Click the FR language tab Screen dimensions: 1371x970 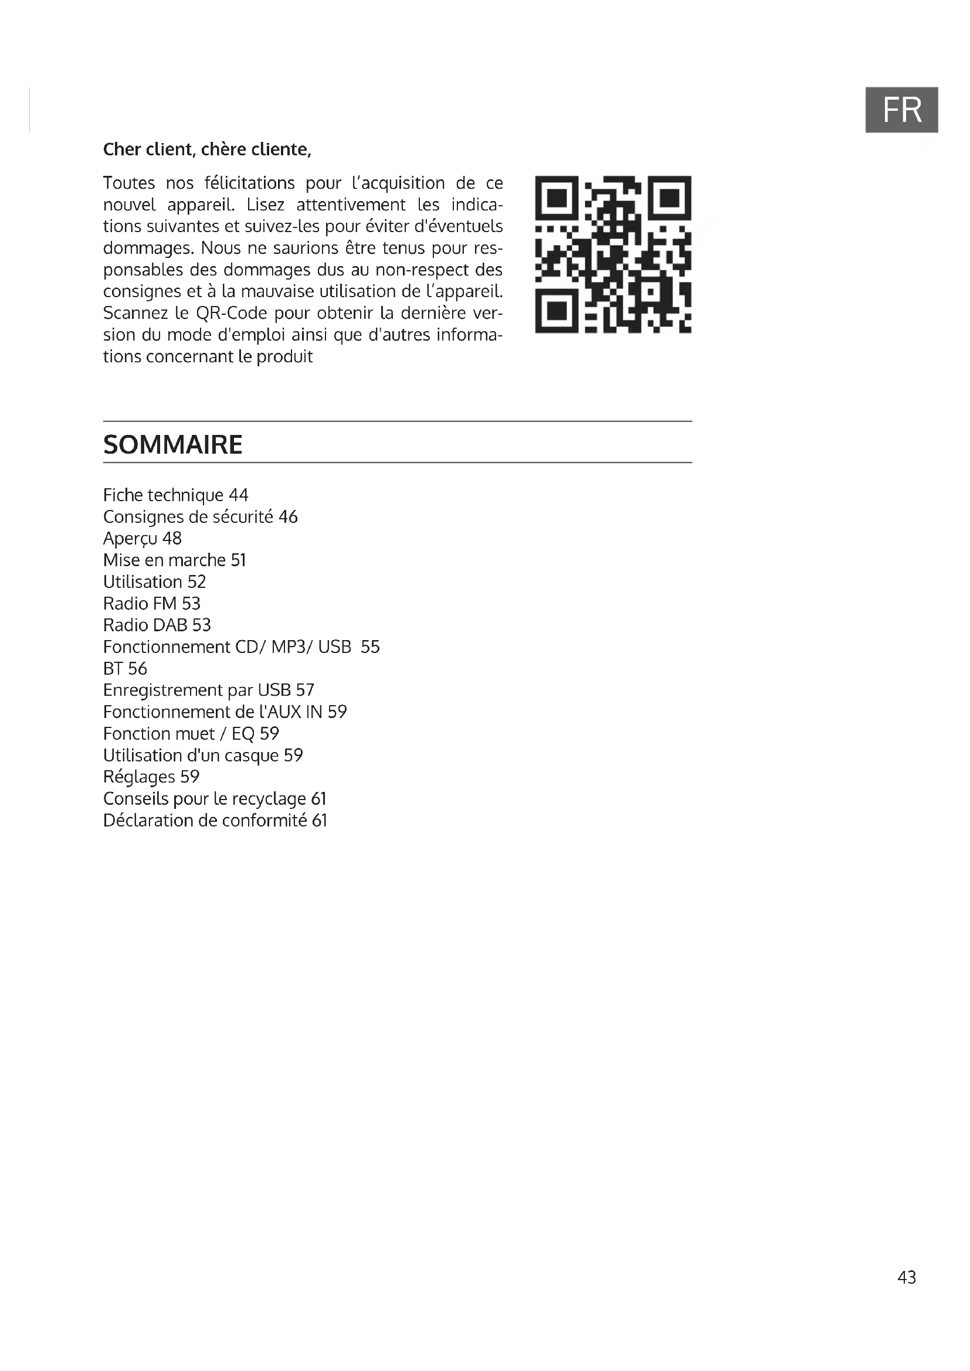point(901,110)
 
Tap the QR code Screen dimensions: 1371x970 point(613,254)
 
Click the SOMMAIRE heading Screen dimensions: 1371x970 point(172,445)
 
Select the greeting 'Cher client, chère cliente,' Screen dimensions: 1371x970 point(207,149)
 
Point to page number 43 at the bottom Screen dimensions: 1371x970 point(906,1277)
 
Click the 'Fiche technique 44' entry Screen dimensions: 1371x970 point(175,495)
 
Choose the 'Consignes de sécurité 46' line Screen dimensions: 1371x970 point(200,516)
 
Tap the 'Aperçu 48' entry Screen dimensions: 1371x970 point(142,539)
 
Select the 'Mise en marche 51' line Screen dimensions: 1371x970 point(174,560)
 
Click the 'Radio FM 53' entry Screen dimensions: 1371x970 point(152,604)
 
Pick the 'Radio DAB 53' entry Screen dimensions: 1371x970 point(157,625)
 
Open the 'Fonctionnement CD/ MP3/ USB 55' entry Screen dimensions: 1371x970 point(241,647)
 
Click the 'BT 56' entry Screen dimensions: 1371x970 point(125,669)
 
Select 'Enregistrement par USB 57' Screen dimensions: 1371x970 point(208,690)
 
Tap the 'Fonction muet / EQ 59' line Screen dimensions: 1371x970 point(191,733)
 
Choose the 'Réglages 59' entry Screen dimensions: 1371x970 point(151,777)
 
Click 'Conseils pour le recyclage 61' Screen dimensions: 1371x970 point(215,798)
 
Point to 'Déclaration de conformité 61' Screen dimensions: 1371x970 point(215,821)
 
